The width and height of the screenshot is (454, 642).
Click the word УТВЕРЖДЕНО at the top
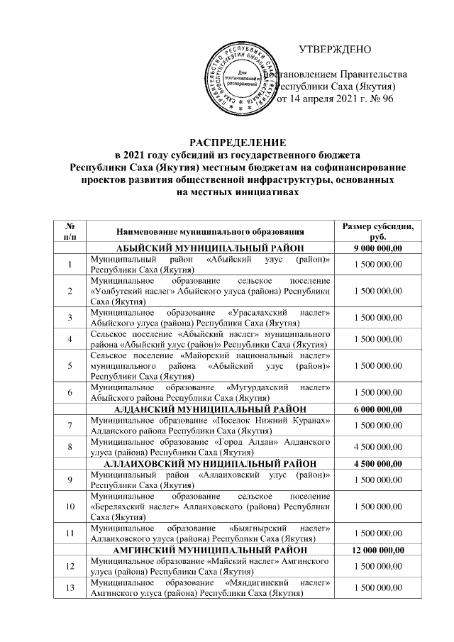click(335, 50)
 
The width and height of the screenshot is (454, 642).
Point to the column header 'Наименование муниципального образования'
click(210, 231)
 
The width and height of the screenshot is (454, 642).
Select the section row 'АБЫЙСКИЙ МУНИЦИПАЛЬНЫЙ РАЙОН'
click(210, 248)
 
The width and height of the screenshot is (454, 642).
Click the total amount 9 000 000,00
click(377, 248)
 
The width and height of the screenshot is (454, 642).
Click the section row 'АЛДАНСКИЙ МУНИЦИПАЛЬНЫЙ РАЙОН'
click(210, 409)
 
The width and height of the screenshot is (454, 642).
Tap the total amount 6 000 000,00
click(377, 409)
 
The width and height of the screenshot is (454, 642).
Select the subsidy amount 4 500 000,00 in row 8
click(377, 446)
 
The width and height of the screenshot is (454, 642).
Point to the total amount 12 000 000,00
click(377, 550)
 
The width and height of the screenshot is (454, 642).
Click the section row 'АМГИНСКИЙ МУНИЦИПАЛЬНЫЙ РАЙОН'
click(210, 550)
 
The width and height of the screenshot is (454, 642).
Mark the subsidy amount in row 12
click(377, 567)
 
